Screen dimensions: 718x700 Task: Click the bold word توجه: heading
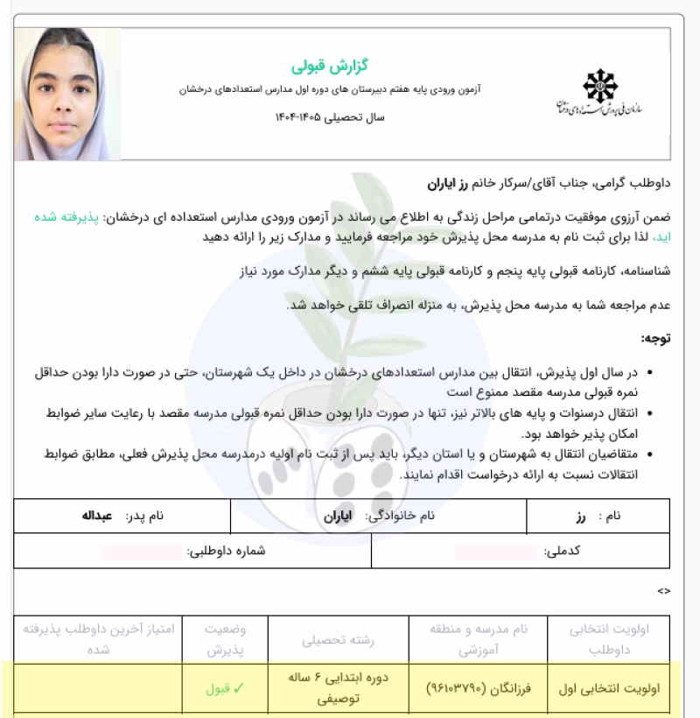coord(654,338)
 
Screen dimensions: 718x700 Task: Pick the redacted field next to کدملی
coord(494,553)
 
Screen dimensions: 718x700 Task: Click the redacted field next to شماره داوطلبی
coord(141,553)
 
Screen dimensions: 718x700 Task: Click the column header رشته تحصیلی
coord(338,641)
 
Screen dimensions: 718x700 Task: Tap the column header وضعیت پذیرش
coord(224,641)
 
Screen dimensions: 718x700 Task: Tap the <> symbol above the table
coord(664,591)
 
